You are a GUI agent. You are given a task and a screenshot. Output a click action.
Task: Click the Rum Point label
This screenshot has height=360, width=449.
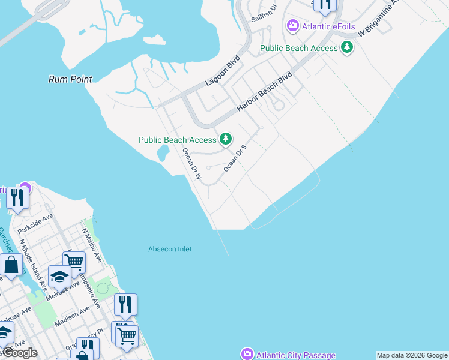(x=71, y=79)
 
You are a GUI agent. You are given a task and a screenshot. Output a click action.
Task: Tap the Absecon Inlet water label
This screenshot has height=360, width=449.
(x=170, y=249)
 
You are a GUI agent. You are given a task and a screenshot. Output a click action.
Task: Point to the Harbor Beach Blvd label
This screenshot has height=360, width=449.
(x=264, y=92)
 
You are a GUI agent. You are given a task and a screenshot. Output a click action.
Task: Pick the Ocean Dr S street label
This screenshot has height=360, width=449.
(x=235, y=158)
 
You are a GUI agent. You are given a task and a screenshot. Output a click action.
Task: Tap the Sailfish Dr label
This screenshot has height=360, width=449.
(x=264, y=12)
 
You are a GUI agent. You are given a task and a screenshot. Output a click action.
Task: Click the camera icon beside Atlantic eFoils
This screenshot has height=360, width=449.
(x=293, y=25)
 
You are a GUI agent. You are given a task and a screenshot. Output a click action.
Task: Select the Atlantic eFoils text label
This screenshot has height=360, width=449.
(x=325, y=26)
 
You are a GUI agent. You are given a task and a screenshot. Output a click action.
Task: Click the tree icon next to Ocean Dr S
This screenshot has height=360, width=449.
(x=226, y=139)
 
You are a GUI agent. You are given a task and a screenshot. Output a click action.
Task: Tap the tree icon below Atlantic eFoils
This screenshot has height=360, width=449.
(x=347, y=47)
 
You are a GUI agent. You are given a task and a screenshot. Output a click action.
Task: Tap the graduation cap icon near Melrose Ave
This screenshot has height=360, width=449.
(x=59, y=277)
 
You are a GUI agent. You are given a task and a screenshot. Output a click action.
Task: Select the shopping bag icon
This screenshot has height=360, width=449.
(x=11, y=265)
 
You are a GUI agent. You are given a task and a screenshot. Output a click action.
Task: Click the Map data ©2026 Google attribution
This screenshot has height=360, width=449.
(x=412, y=355)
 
